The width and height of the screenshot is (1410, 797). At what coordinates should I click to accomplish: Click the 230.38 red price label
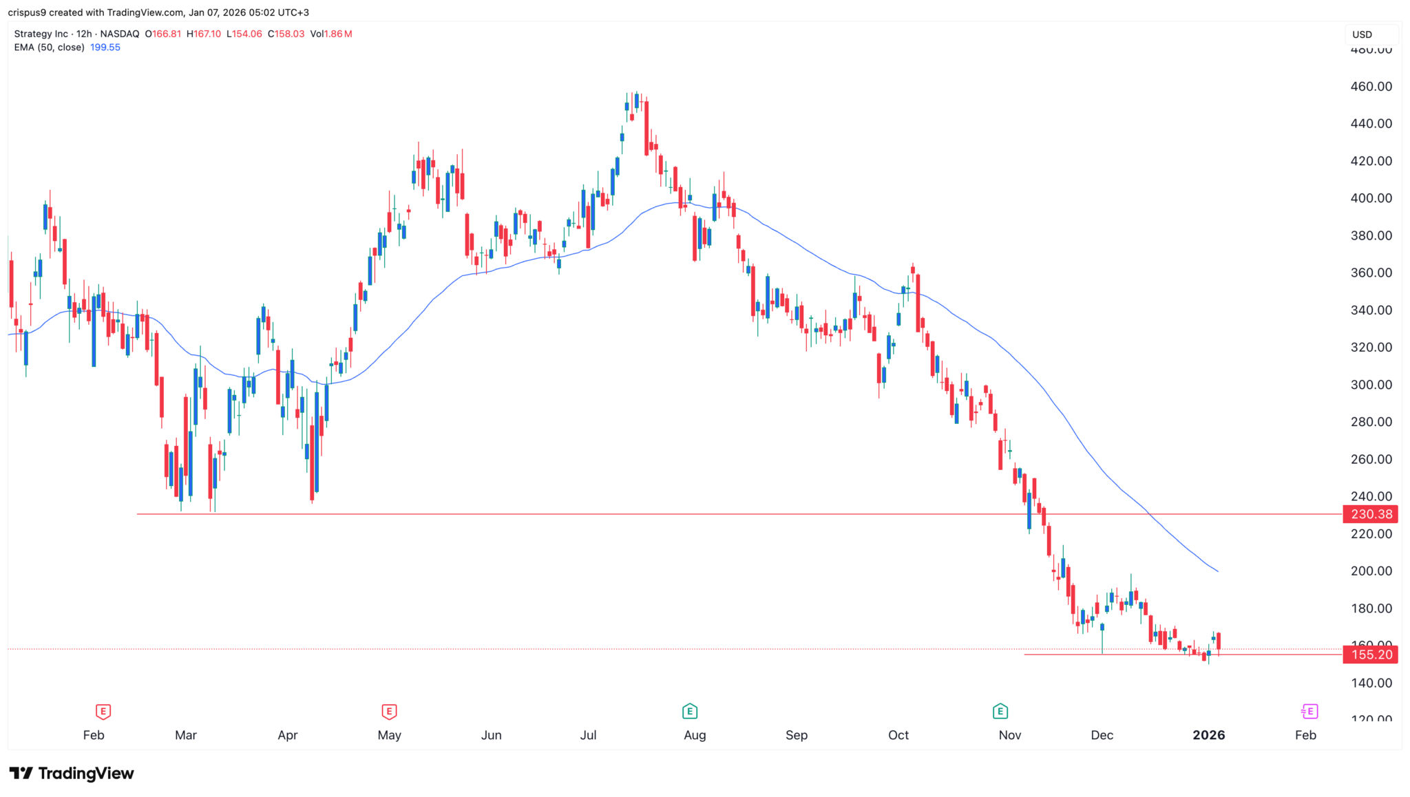click(1371, 514)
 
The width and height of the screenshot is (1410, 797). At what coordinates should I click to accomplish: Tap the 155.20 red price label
click(1371, 655)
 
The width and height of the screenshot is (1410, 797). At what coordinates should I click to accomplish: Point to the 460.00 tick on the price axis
click(1371, 87)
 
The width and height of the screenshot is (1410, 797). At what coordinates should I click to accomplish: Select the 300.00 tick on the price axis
click(1371, 385)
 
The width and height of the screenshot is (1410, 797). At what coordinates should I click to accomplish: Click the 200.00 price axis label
click(1371, 571)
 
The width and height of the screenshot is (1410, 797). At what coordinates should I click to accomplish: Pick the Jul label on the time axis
click(588, 735)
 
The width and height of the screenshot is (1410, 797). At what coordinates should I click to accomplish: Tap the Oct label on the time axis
click(898, 735)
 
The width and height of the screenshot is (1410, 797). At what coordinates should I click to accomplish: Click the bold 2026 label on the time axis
click(1208, 735)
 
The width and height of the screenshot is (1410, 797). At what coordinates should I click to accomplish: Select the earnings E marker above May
click(389, 711)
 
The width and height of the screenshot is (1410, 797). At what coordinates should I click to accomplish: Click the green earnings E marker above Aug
click(689, 711)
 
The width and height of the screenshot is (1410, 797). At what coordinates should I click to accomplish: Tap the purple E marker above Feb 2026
click(1309, 711)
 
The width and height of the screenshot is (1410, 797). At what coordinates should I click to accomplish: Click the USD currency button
click(1362, 34)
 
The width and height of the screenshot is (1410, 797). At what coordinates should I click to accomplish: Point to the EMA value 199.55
click(105, 47)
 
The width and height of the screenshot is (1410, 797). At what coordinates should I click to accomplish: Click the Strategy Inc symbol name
click(41, 34)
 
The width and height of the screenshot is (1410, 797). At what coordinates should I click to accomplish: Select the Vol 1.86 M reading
click(331, 34)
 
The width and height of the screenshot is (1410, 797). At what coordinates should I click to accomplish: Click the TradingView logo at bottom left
click(72, 774)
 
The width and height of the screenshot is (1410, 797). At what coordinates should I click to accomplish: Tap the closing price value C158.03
click(286, 34)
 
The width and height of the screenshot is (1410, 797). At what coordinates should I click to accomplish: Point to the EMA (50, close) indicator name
click(49, 47)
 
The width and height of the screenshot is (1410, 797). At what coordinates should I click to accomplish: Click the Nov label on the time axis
click(1009, 735)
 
